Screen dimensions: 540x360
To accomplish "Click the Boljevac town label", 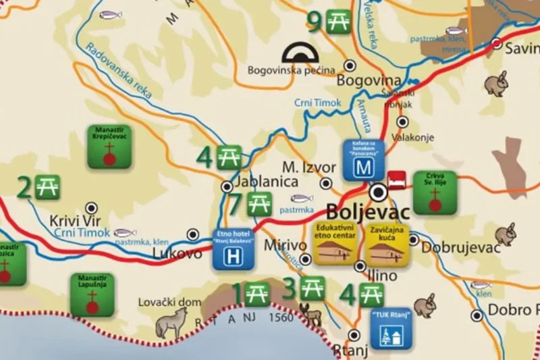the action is click(368, 211).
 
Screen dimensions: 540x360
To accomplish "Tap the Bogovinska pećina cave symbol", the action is click(303, 53).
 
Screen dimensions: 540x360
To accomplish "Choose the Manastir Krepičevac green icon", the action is click(108, 147).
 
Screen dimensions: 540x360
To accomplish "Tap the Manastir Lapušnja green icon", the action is click(92, 295).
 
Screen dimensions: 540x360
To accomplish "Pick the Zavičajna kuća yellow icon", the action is click(387, 243).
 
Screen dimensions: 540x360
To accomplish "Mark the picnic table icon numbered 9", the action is click(337, 21).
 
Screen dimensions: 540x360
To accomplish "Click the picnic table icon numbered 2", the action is click(48, 186).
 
